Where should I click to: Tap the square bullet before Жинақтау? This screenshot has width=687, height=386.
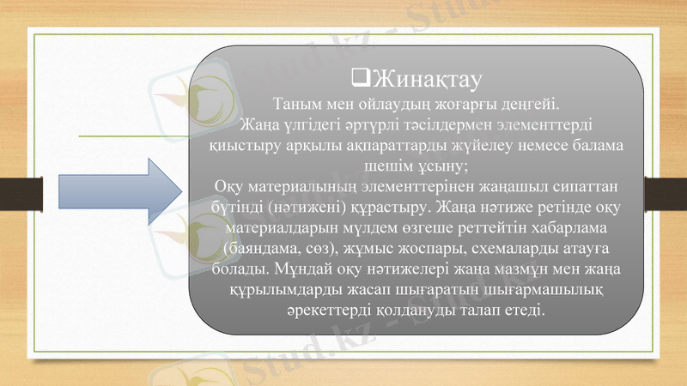(361, 81)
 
